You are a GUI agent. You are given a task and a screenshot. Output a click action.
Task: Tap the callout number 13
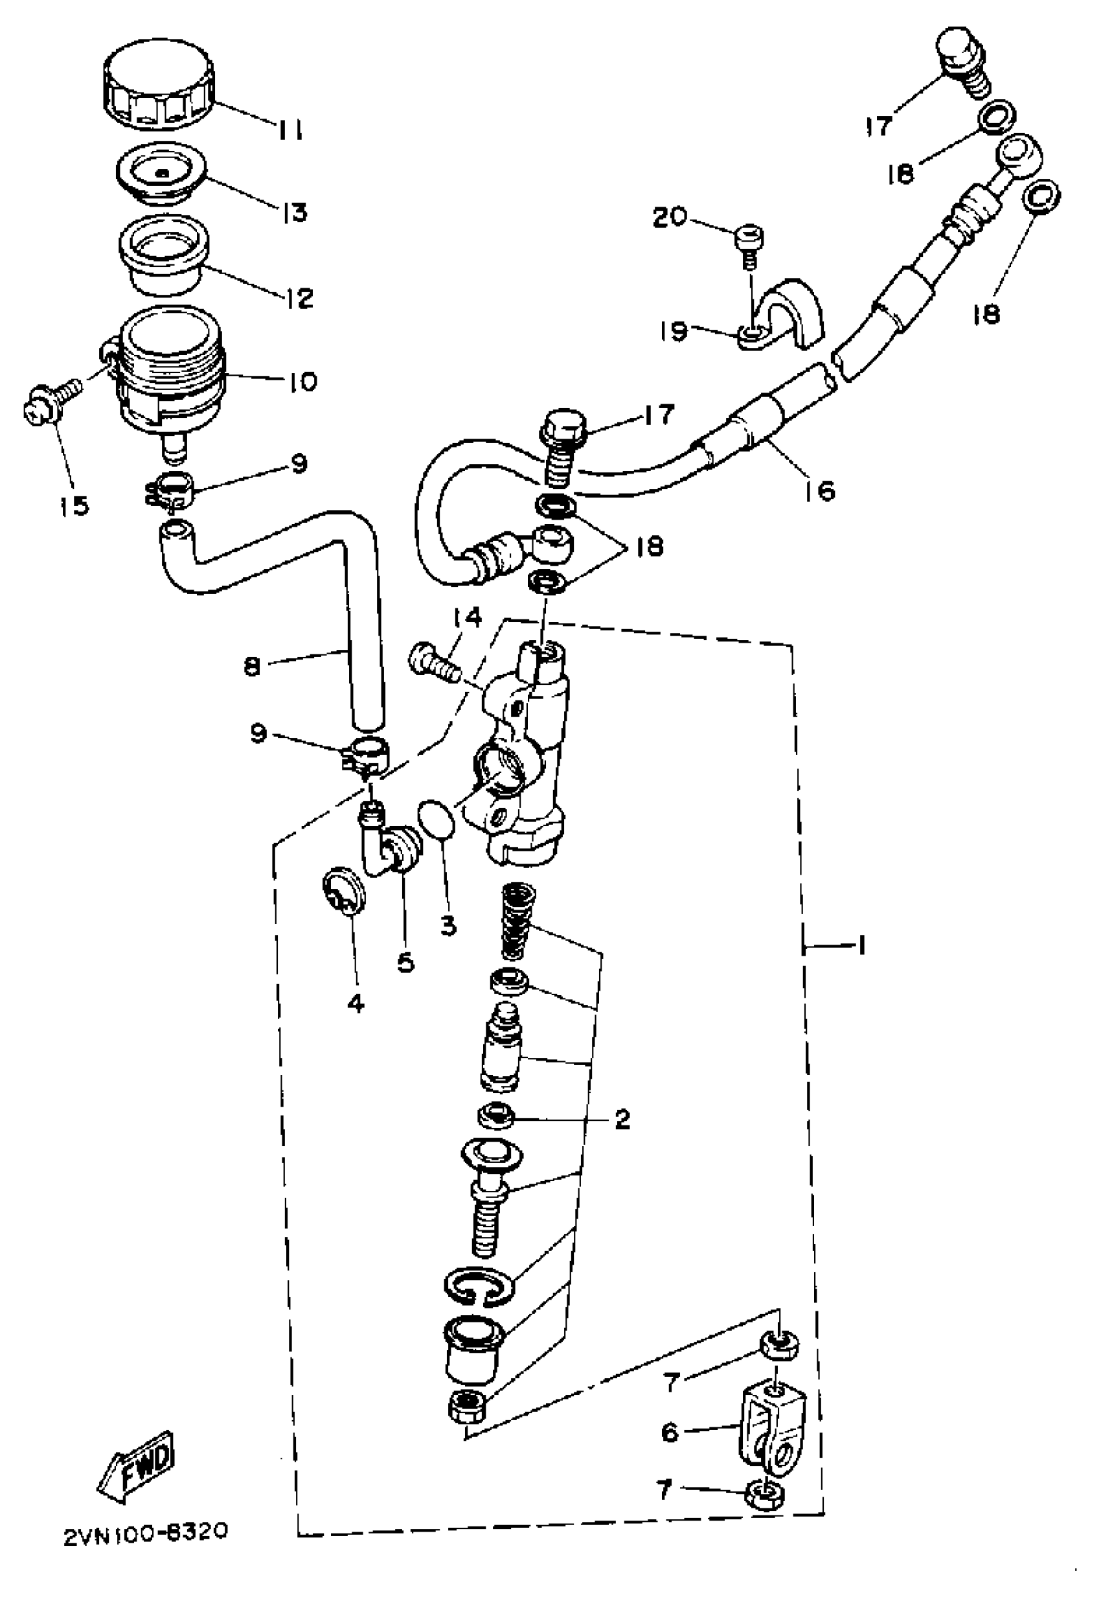[295, 212]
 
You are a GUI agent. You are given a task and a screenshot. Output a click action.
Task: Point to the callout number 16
[819, 490]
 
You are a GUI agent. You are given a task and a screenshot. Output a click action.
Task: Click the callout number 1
[860, 945]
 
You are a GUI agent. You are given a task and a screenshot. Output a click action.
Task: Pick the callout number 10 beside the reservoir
[298, 381]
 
